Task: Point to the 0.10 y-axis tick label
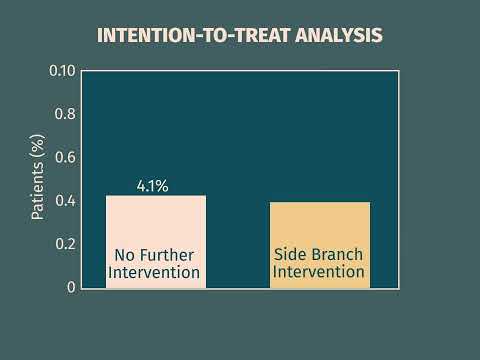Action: [x=62, y=71]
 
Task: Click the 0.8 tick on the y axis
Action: [x=65, y=114]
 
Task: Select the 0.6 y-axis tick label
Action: [x=65, y=157]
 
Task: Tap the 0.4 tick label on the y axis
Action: [x=65, y=201]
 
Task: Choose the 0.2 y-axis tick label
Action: [x=65, y=244]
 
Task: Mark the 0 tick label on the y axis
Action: [x=71, y=287]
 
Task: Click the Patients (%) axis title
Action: [x=37, y=179]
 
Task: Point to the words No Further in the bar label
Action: [x=156, y=254]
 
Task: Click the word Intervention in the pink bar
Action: [x=156, y=272]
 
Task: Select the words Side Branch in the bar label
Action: [x=320, y=254]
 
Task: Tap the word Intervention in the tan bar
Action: [x=320, y=272]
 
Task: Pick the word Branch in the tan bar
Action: [x=338, y=254]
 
